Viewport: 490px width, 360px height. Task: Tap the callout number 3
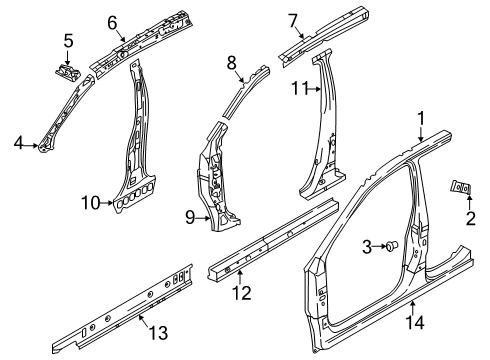click(x=367, y=245)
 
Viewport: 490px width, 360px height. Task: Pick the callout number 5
click(x=69, y=41)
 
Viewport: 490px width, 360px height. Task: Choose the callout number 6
click(x=113, y=21)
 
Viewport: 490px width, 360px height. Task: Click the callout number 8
click(x=231, y=61)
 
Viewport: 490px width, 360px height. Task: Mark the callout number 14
click(x=414, y=319)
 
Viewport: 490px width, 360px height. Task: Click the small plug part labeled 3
click(x=391, y=246)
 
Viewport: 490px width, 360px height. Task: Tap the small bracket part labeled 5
click(x=70, y=71)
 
